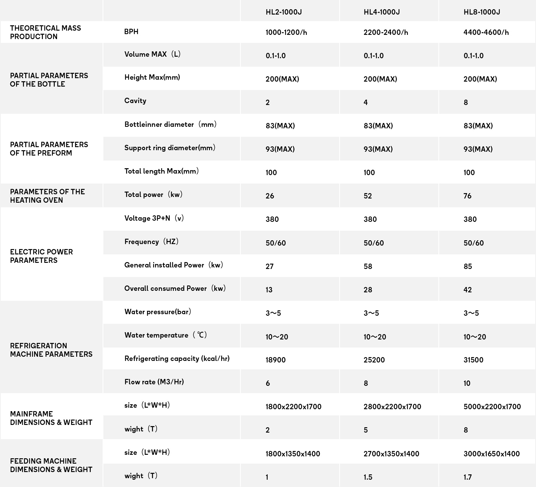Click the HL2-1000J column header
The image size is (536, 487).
pos(284,12)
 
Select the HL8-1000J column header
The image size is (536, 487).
pos(482,12)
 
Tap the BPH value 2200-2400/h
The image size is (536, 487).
pos(386,32)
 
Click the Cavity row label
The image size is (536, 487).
pos(135,101)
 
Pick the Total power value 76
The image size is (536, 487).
pos(467,196)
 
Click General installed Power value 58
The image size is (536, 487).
pos(368,266)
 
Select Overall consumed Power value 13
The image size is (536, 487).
pos(269,290)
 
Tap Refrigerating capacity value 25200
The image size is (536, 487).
pos(374,360)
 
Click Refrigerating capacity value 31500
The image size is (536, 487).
pos(473,360)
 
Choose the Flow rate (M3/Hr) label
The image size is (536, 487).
pos(154,382)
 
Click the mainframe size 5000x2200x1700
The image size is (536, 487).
pos(492,407)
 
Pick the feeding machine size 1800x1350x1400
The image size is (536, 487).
pos(293,454)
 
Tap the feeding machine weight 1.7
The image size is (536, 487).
pos(467,477)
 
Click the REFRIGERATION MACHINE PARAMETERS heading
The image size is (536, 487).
pos(51,350)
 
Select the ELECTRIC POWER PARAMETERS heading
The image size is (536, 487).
pos(41,256)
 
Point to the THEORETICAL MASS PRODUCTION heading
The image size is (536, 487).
pos(45,32)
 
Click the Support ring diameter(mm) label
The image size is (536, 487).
pos(170,148)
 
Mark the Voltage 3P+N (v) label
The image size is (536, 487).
pos(154,218)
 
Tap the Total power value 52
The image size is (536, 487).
pos(368,196)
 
